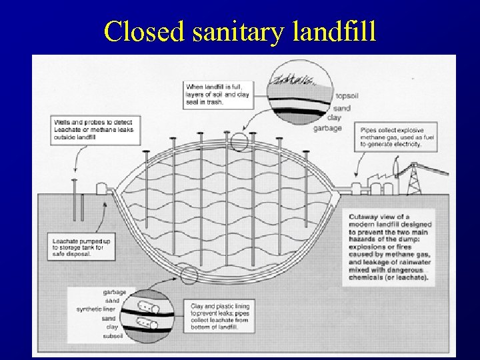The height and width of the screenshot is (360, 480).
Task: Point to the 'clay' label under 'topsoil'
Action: pyautogui.click(x=334, y=117)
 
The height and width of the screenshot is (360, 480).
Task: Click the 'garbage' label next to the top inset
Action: pyautogui.click(x=327, y=127)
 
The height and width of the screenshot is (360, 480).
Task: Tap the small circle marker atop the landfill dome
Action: pyautogui.click(x=238, y=141)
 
